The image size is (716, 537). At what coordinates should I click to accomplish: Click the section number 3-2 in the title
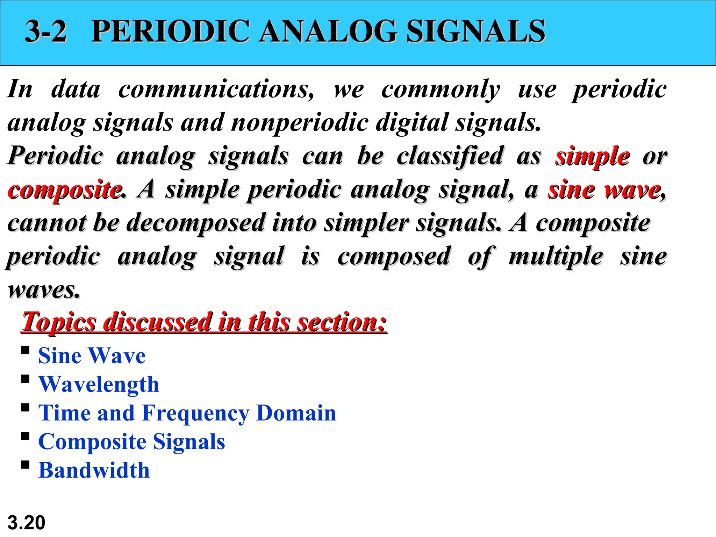pyautogui.click(x=46, y=31)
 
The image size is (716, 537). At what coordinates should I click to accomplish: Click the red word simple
pyautogui.click(x=593, y=156)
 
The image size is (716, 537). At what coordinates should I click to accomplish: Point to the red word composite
pyautogui.click(x=65, y=190)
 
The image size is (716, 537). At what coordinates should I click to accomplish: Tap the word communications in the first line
pyautogui.click(x=216, y=89)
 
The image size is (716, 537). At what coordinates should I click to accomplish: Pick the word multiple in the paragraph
pyautogui.click(x=556, y=257)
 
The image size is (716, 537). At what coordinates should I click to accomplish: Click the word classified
pyautogui.click(x=450, y=156)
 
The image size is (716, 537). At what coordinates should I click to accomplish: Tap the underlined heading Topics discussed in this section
pyautogui.click(x=204, y=322)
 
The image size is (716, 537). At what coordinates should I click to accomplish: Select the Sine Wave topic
pyautogui.click(x=92, y=356)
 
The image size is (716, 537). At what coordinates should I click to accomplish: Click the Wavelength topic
pyautogui.click(x=99, y=385)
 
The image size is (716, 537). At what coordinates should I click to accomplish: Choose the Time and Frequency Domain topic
pyautogui.click(x=187, y=413)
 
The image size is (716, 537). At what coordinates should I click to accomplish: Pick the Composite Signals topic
pyautogui.click(x=131, y=442)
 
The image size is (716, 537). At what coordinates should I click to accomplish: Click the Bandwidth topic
pyautogui.click(x=94, y=471)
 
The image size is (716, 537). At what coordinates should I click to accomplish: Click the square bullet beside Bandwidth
pyautogui.click(x=25, y=465)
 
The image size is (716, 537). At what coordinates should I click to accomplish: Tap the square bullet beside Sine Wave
pyautogui.click(x=25, y=350)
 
